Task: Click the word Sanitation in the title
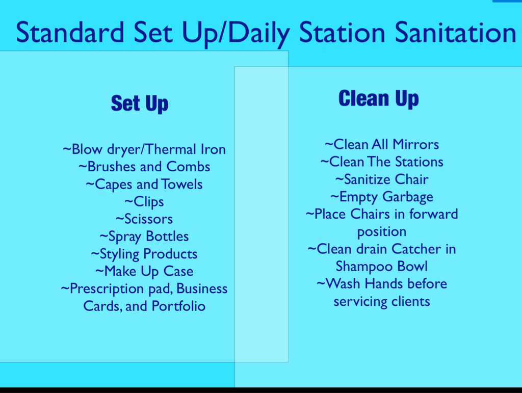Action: pyautogui.click(x=455, y=32)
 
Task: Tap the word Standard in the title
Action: pyautogui.click(x=70, y=32)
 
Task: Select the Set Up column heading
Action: pyautogui.click(x=140, y=103)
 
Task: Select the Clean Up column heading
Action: pyautogui.click(x=379, y=98)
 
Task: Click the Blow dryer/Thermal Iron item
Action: pyautogui.click(x=144, y=149)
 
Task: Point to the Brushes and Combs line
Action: pyautogui.click(x=144, y=167)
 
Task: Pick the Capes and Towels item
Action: pyautogui.click(x=144, y=185)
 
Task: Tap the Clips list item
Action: pyautogui.click(x=144, y=202)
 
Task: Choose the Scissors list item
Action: pyautogui.click(x=144, y=219)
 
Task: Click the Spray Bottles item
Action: pyautogui.click(x=144, y=237)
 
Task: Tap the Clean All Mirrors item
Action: pyautogui.click(x=382, y=144)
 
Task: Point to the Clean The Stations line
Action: pyautogui.click(x=382, y=162)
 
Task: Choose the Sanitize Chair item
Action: pyautogui.click(x=382, y=179)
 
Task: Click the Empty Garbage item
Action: pyautogui.click(x=382, y=197)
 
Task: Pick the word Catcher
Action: pyautogui.click(x=416, y=249)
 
